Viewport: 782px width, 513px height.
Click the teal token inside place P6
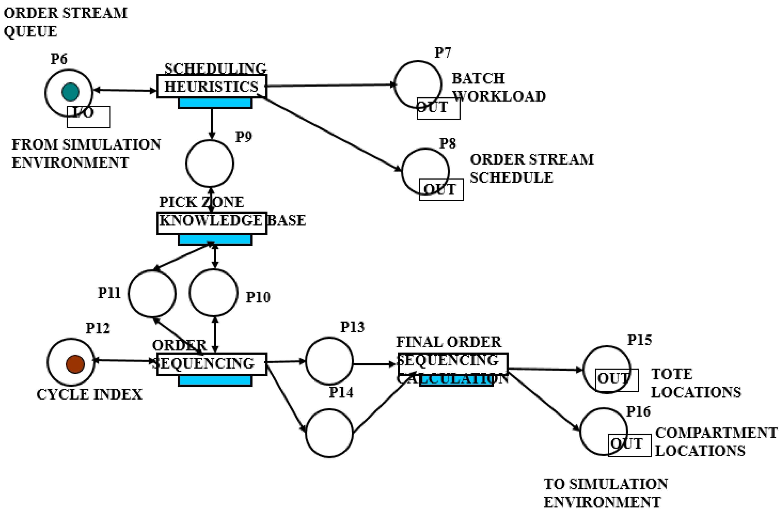(x=70, y=92)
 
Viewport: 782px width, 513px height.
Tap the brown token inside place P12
(x=75, y=364)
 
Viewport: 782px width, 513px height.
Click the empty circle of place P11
(x=152, y=293)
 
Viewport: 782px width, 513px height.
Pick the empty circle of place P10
(x=214, y=293)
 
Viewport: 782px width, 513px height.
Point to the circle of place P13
(x=329, y=361)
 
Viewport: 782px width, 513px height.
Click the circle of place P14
(x=329, y=433)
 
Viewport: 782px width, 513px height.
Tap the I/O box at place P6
(x=88, y=117)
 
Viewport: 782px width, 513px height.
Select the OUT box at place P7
(x=438, y=108)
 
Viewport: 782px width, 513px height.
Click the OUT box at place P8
(x=441, y=190)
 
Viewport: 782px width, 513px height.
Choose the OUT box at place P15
(x=617, y=380)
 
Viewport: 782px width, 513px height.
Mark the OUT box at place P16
(x=629, y=445)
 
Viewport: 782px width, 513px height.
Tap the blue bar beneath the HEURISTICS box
(x=215, y=103)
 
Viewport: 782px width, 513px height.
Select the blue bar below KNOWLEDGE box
(x=215, y=240)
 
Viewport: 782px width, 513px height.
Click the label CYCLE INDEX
(x=89, y=394)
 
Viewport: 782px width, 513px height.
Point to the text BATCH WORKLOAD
(x=498, y=87)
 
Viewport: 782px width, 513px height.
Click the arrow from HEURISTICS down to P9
(x=212, y=123)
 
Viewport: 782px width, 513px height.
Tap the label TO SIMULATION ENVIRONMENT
(x=605, y=493)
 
